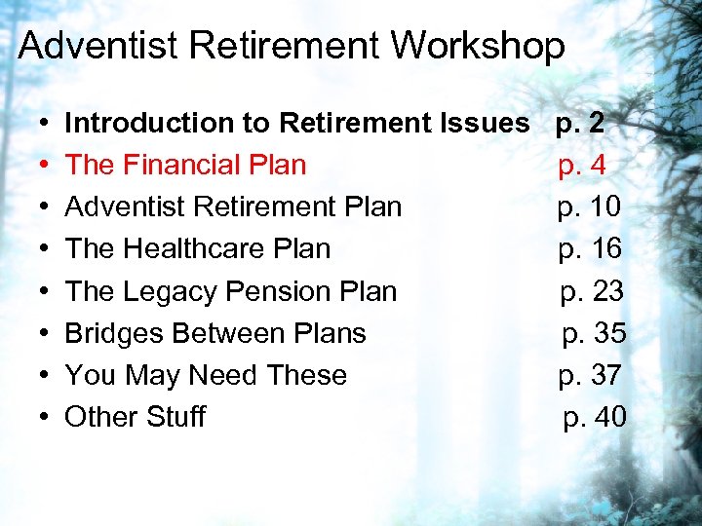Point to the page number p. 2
pos(580,123)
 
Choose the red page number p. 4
pos(582,165)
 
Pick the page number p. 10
pos(589,207)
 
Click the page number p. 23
pos(592,290)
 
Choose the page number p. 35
pos(594,332)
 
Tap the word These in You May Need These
pos(307,374)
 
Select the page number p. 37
pos(590,374)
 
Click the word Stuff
pos(175,416)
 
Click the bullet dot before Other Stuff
pos(45,417)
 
